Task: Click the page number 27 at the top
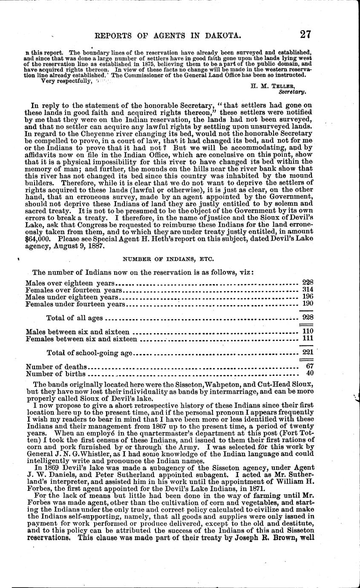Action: tap(306, 34)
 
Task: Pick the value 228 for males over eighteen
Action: tap(307, 282)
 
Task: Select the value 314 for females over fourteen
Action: tap(307, 290)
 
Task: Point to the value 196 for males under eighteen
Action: tap(307, 297)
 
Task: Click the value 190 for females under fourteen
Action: tap(307, 303)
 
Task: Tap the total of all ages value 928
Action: tap(307, 317)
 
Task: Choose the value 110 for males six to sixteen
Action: tap(307, 331)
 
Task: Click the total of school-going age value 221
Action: tap(307, 352)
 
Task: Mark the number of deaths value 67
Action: tap(310, 366)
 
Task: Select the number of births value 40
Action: tap(310, 373)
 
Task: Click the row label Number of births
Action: tap(55, 374)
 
